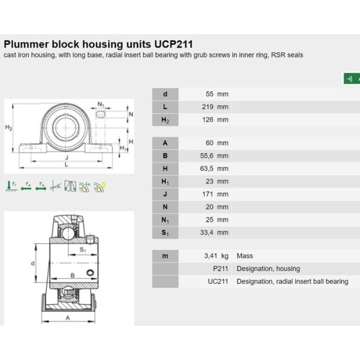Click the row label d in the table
166,94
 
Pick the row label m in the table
166,256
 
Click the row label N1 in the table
166,220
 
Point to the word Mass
245,256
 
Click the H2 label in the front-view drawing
8,127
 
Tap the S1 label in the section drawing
83,250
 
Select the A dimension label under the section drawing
68,318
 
